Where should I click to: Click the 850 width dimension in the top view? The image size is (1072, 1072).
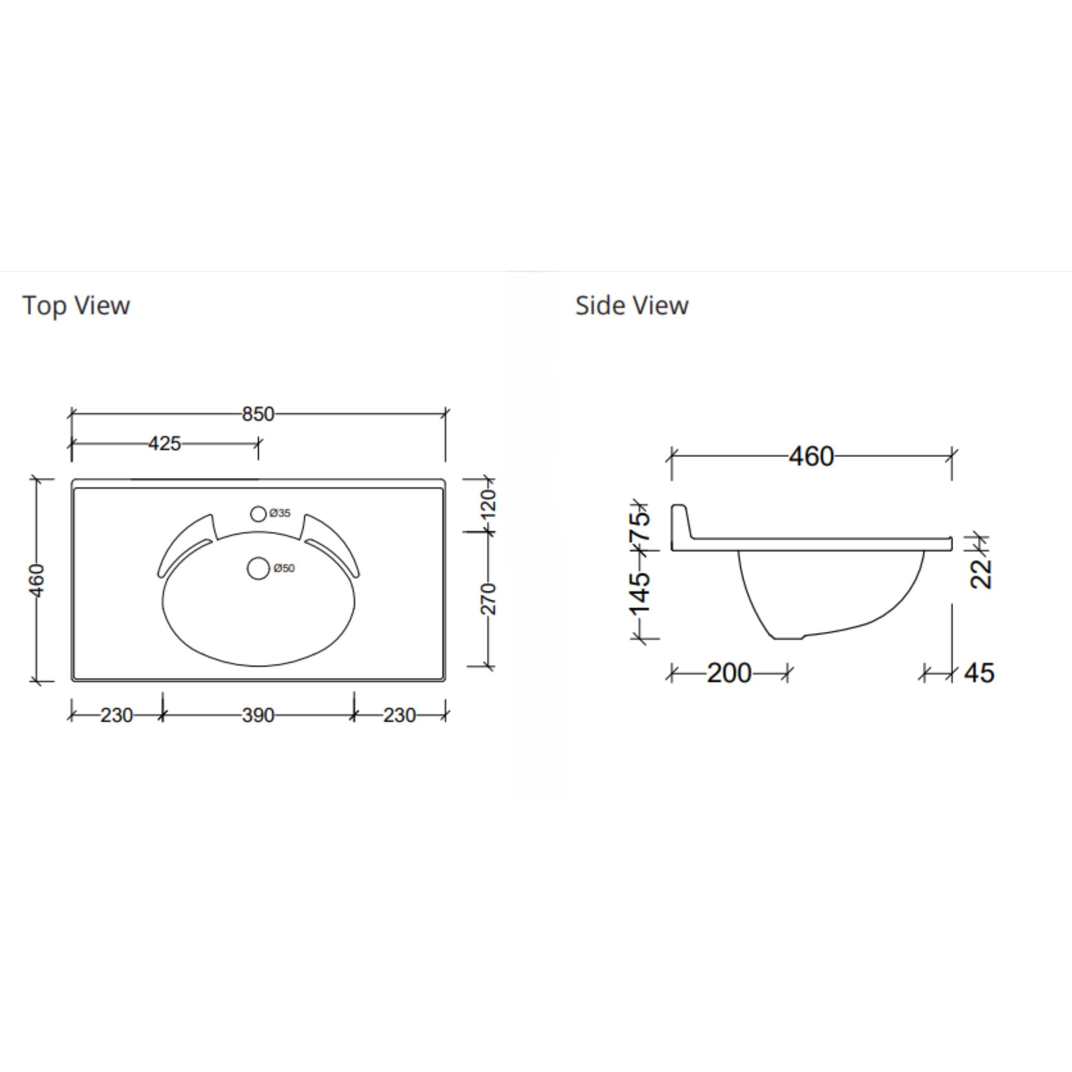pos(258,414)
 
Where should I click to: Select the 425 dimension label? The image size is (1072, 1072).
pos(164,443)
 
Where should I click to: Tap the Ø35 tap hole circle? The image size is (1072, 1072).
pos(258,514)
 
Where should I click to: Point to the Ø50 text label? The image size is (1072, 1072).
pos(284,567)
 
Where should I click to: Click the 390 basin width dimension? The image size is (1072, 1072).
pos(258,715)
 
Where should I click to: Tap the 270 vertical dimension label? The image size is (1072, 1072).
pos(488,599)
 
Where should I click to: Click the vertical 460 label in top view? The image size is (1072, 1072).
pos(37,580)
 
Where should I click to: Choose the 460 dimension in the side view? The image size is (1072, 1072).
pos(811,456)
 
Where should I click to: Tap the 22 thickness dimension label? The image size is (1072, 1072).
pos(981,573)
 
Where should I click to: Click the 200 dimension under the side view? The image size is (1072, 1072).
pos(729,673)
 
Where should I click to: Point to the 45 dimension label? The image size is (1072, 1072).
pos(979,673)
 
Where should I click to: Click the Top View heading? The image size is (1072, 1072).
pos(76,305)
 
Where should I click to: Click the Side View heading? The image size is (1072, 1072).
pos(631,305)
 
